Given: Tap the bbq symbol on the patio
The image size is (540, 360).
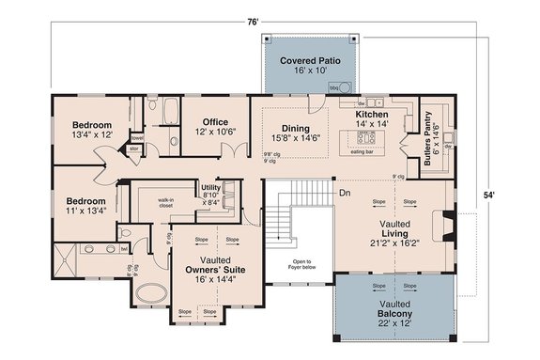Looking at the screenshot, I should tap(332, 86).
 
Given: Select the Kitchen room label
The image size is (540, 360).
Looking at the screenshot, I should tap(373, 117).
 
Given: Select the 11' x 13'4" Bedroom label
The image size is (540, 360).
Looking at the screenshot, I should tap(85, 206).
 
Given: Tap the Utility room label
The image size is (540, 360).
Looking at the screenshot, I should tap(210, 193).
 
